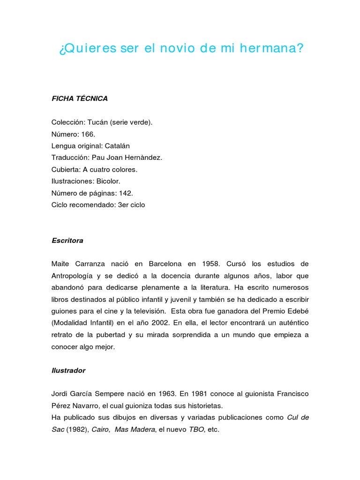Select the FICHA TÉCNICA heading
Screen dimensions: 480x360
click(x=79, y=98)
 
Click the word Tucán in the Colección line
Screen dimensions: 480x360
click(x=97, y=122)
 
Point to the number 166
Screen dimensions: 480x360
click(x=88, y=134)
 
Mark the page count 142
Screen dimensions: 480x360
click(x=126, y=193)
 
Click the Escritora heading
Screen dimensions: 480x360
click(x=67, y=240)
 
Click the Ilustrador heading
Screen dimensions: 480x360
click(x=68, y=370)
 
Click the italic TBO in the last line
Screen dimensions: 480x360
click(x=197, y=430)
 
